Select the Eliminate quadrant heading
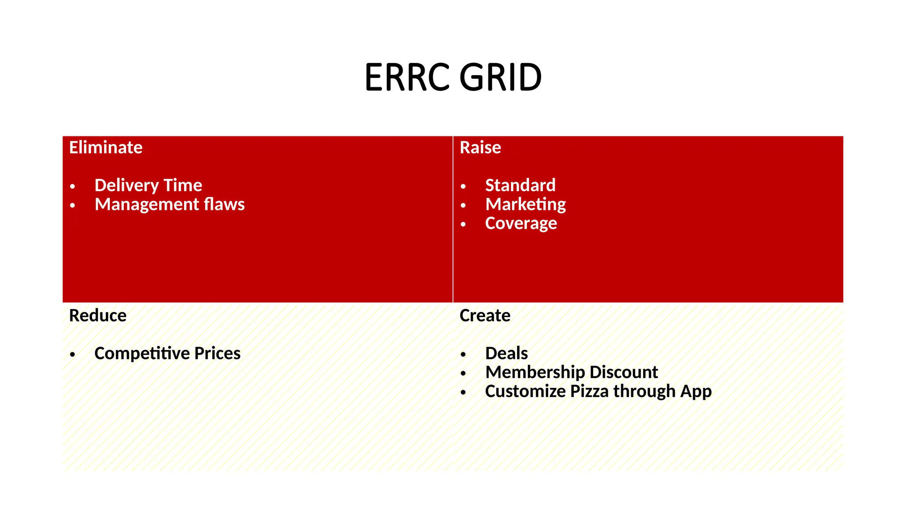pos(106,147)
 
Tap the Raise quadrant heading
pos(480,147)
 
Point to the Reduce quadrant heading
pos(98,316)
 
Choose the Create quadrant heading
pos(485,316)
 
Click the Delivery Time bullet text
pos(148,185)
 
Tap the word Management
pos(147,205)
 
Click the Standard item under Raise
pos(520,185)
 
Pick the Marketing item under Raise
pos(526,205)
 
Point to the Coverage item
pos(521,224)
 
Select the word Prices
pos(217,353)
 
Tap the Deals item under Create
pos(507,353)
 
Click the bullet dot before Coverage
pos(463,224)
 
